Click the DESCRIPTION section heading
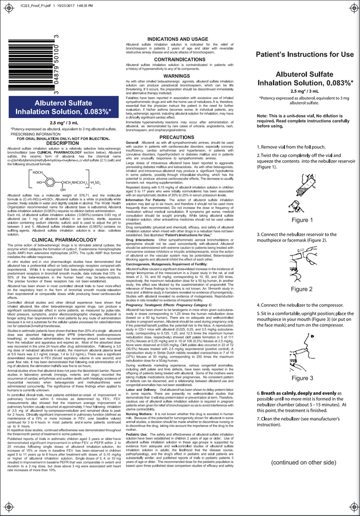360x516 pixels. click(x=63, y=143)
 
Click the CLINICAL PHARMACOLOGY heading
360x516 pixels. click(x=63, y=240)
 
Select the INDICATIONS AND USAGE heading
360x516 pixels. click(x=178, y=39)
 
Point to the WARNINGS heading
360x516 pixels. click(x=177, y=76)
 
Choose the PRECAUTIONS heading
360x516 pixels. click(x=177, y=137)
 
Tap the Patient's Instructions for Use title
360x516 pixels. click(x=305, y=54)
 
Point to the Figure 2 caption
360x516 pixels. click(x=302, y=289)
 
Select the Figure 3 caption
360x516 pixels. click(x=302, y=378)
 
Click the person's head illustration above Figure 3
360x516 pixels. click(x=302, y=347)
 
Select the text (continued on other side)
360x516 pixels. click(x=303, y=462)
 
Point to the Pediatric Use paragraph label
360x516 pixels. click(x=137, y=420)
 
